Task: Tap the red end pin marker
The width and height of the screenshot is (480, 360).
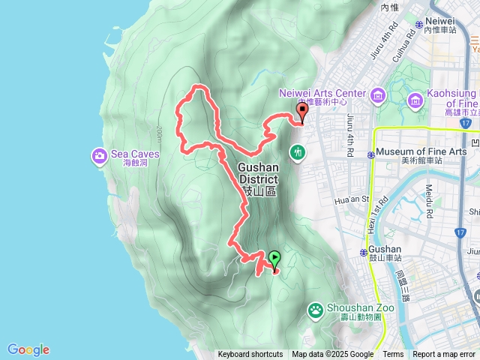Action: click(303, 112)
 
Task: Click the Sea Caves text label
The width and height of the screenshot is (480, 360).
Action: click(135, 154)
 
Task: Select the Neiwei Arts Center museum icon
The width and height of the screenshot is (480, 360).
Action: click(376, 94)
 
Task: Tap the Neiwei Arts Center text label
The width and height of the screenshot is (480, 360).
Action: click(322, 94)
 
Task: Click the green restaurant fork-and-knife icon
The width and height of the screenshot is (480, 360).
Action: click(298, 152)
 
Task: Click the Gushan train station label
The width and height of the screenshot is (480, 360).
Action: click(385, 249)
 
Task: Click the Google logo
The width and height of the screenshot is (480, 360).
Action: click(28, 349)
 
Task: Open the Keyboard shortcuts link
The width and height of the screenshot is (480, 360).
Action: click(250, 355)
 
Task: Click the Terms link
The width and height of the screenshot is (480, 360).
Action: click(393, 355)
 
